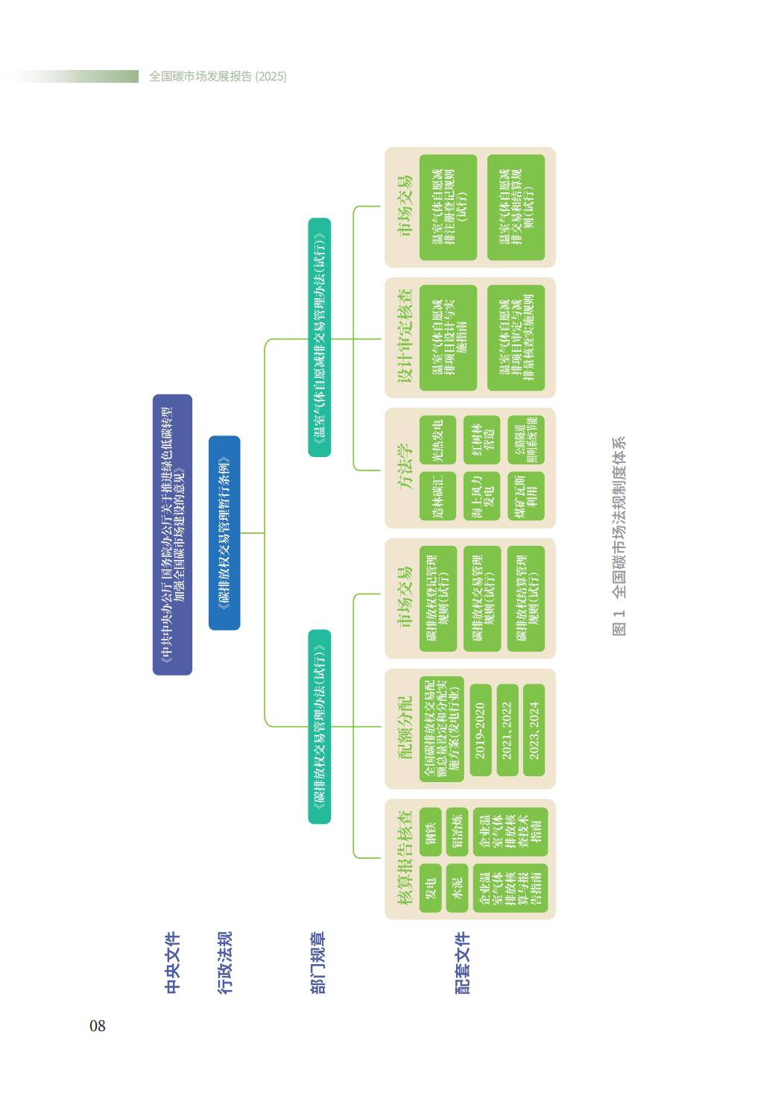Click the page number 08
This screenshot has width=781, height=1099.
(98, 1026)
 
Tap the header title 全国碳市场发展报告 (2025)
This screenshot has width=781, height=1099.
(218, 76)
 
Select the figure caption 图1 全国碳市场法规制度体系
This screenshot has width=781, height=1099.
(619, 536)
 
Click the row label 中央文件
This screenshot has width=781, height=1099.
(172, 963)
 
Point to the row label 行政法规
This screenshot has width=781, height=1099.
(225, 963)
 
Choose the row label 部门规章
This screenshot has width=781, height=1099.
(317, 963)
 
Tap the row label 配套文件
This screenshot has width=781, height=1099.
(463, 963)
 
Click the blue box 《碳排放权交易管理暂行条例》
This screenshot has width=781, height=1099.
(224, 533)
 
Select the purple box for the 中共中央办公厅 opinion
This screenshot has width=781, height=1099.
(172, 535)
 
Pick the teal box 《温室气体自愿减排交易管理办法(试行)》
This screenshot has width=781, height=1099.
(320, 337)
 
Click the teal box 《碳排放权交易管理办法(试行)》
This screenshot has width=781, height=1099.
(320, 727)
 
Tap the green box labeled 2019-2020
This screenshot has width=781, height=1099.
(481, 730)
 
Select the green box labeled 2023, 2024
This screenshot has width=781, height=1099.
(534, 730)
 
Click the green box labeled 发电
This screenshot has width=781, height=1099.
(431, 888)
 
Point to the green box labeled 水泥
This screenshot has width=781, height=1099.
(457, 888)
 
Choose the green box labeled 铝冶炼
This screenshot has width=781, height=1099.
(457, 831)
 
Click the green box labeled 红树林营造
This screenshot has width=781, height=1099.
(481, 439)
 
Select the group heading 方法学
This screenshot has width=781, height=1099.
(404, 467)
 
